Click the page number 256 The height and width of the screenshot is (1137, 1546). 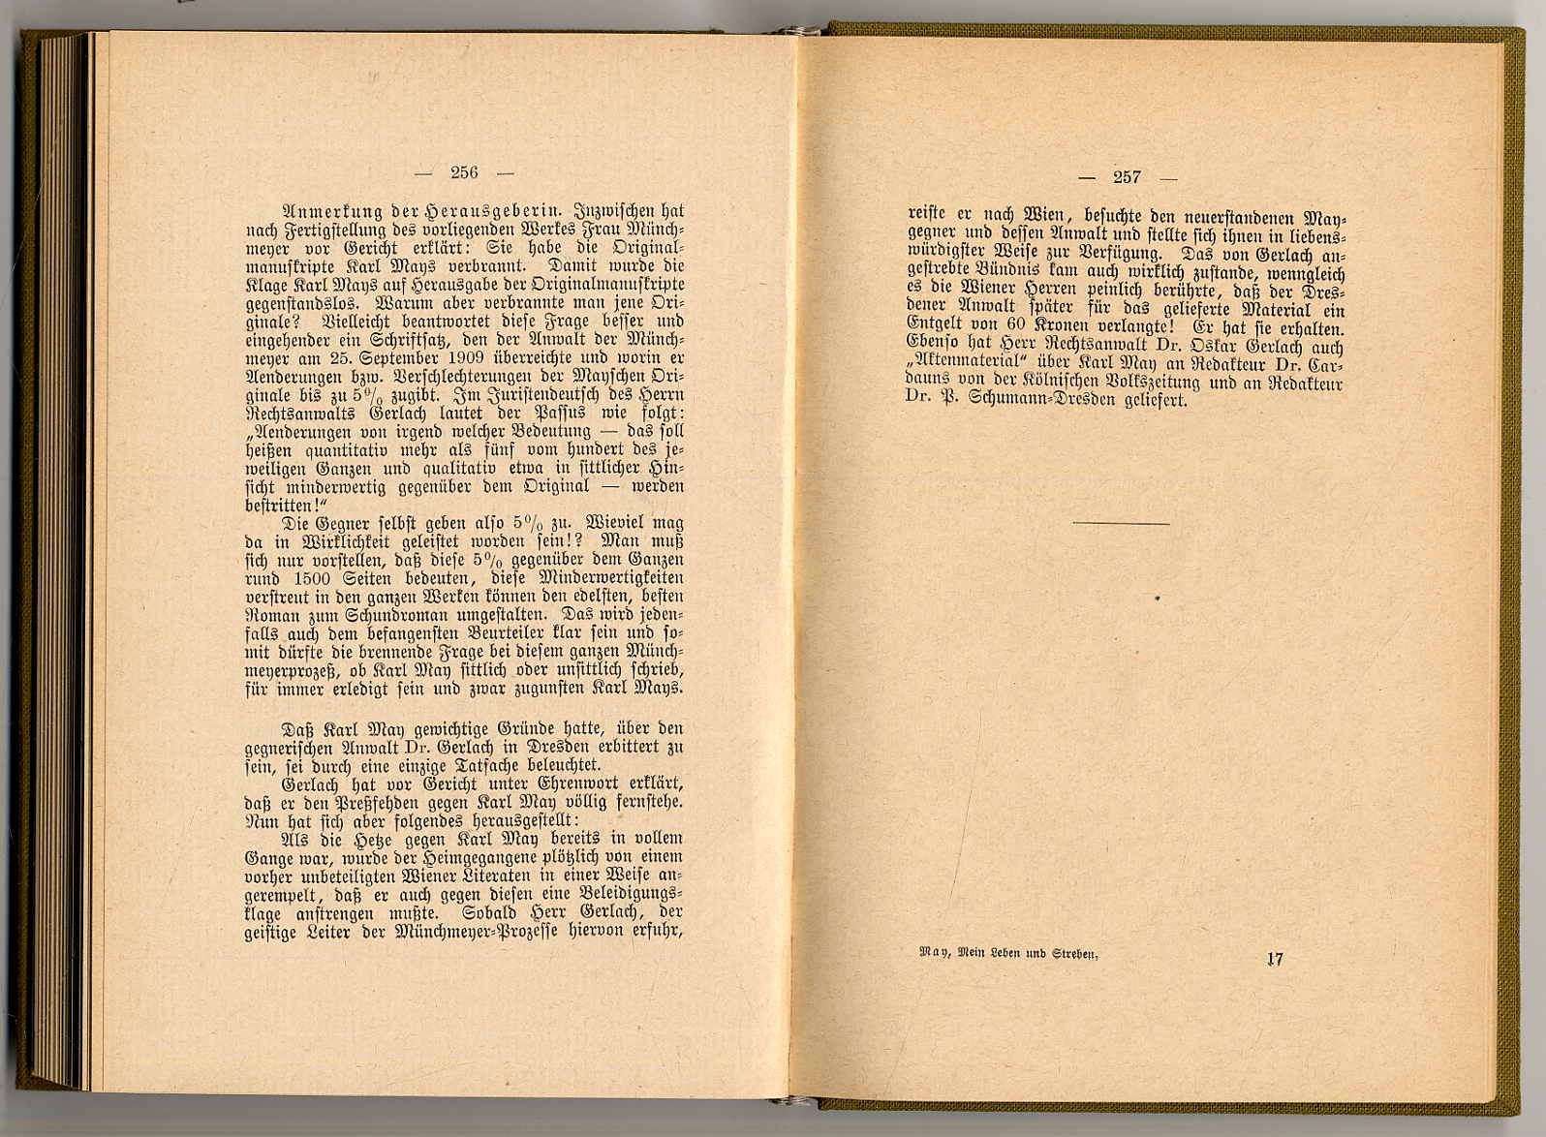point(464,172)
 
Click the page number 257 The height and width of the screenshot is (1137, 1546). point(1127,176)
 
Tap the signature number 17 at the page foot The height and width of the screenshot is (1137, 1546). point(1274,959)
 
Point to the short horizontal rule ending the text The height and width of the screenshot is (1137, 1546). point(1121,524)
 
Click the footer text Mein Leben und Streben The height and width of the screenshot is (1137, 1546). point(1029,954)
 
